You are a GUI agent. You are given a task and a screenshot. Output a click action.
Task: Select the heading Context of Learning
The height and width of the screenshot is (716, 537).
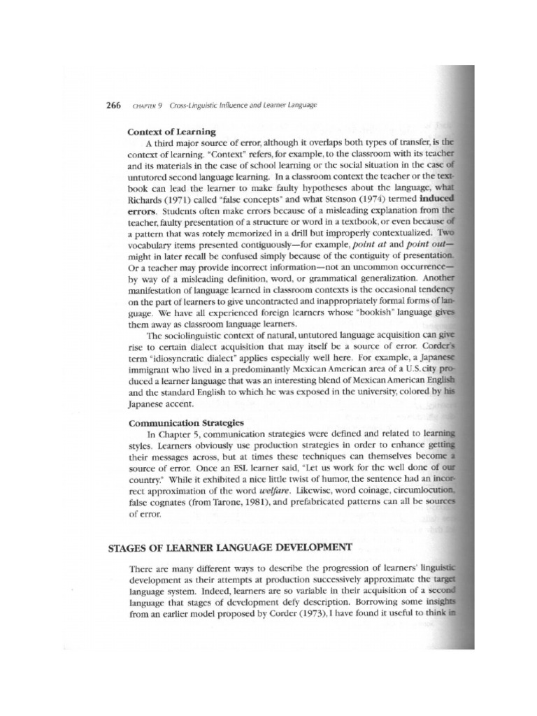[172, 131]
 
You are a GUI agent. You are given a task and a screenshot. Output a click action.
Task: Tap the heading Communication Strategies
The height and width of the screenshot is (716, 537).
[186, 422]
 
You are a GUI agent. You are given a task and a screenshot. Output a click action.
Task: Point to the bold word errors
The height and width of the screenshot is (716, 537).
[143, 210]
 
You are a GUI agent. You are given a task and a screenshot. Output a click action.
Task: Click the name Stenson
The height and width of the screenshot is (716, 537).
[329, 199]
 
